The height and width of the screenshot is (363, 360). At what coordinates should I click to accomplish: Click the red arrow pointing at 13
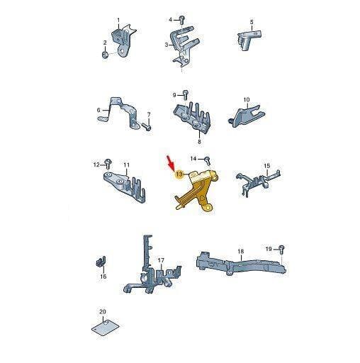171,162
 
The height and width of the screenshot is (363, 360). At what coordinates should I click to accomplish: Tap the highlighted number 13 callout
179,174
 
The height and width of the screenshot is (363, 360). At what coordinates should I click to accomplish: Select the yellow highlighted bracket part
196,190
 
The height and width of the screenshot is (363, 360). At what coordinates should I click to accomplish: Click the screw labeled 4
181,20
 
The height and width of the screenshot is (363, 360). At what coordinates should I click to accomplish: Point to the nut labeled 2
105,55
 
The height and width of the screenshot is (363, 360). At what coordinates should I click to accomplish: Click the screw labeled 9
186,95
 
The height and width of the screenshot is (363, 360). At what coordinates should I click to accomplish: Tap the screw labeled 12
108,163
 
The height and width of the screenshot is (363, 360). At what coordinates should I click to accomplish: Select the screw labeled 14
208,160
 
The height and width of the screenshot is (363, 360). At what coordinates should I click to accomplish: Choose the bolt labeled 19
282,250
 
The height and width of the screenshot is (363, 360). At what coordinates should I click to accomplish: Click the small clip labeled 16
101,261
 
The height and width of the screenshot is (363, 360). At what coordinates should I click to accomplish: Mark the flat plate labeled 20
105,327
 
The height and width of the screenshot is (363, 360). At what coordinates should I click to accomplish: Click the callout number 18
240,251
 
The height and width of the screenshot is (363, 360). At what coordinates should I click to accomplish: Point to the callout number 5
252,22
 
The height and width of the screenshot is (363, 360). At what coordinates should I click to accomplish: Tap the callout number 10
246,100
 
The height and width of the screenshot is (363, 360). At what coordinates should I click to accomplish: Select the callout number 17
161,260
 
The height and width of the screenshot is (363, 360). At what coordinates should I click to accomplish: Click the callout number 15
266,166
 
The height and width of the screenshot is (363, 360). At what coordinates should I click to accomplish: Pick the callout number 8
199,142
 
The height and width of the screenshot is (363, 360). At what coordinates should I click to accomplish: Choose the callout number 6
99,110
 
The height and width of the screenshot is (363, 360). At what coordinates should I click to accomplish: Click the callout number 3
167,45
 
